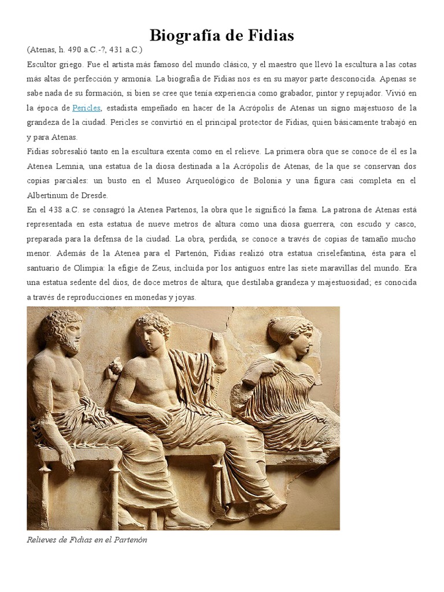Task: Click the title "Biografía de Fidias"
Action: point(222,36)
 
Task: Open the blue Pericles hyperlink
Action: point(87,108)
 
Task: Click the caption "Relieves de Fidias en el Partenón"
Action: point(88,540)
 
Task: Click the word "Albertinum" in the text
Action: point(49,195)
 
